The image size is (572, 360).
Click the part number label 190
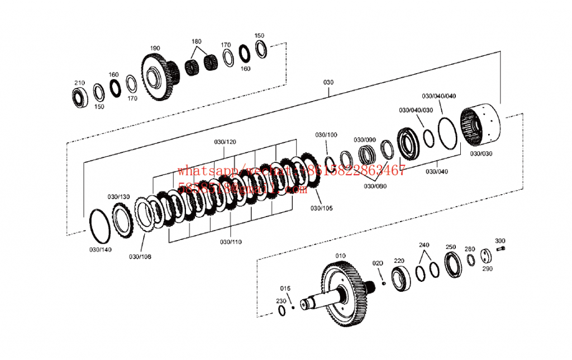[x=155, y=47]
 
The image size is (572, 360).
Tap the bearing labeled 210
[x=80, y=97]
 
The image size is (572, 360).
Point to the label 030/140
[x=101, y=249]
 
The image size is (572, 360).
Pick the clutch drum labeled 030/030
[x=479, y=127]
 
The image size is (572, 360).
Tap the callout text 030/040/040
[x=438, y=96]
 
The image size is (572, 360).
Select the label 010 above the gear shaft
[x=340, y=256]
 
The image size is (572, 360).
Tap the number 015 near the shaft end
[x=285, y=288]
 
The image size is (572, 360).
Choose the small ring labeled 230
[x=282, y=310]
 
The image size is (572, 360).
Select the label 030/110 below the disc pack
[x=231, y=242]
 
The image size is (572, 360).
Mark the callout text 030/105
[x=321, y=208]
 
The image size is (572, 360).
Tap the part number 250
[x=450, y=247]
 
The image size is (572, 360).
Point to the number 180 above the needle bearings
[x=197, y=42]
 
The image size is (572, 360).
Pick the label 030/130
[x=118, y=196]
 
